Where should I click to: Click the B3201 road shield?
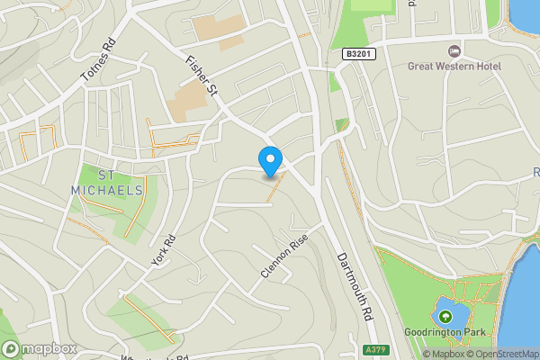coord(355,55)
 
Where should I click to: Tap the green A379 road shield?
coord(377,349)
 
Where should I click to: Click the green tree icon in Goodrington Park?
coord(445,317)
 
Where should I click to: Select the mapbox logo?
coord(39,348)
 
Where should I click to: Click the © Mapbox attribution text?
coord(444,354)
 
